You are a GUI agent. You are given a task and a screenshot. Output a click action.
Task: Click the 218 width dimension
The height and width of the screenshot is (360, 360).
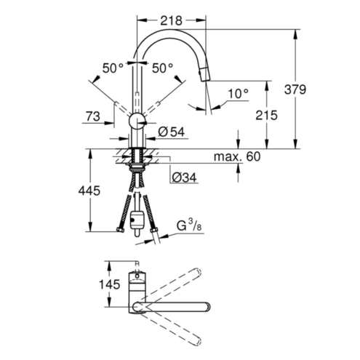click(171, 21)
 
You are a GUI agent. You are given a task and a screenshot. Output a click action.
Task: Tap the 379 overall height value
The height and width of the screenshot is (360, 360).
click(295, 89)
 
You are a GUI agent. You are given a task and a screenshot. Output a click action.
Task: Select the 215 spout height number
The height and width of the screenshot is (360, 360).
click(266, 115)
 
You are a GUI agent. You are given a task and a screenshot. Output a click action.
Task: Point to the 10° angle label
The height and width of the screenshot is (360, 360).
click(239, 94)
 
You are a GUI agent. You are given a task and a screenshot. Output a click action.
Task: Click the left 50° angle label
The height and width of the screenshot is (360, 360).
click(113, 68)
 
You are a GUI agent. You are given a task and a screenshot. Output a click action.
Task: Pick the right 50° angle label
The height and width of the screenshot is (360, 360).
click(162, 68)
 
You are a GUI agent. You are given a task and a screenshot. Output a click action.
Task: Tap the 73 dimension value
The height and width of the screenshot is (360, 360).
click(93, 116)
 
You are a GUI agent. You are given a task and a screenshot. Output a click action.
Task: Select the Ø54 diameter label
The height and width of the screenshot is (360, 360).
click(171, 132)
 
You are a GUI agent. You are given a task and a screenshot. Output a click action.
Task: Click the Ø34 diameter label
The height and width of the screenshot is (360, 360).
click(184, 177)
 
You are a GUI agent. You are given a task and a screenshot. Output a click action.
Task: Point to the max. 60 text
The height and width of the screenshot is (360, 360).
click(237, 156)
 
